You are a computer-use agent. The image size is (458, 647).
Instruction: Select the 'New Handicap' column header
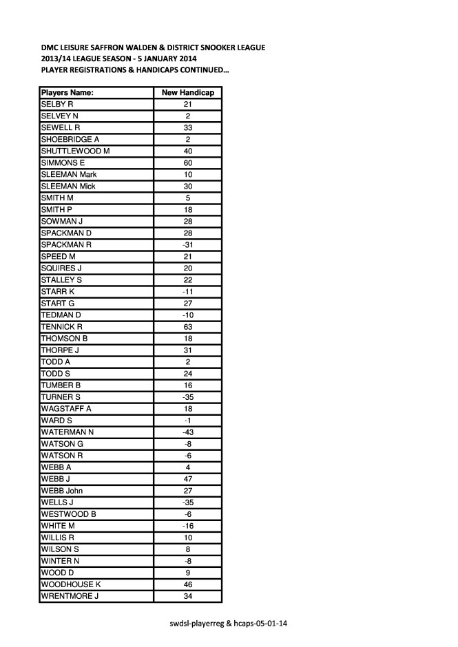coord(187,92)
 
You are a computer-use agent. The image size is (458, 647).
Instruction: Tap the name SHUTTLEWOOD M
coord(75,151)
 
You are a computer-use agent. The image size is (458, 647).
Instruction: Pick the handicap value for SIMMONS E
coord(187,163)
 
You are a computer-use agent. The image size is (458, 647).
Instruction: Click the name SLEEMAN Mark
coord(68,175)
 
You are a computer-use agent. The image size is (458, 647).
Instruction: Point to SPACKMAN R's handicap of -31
coord(187,245)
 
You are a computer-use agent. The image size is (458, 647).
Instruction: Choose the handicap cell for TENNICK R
coord(187,327)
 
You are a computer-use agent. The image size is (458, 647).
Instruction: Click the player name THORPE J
coord(61,350)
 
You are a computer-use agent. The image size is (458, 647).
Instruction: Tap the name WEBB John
coord(64,491)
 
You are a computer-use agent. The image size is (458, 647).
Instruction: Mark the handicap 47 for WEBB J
coord(187,479)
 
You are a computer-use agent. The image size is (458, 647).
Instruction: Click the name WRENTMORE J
coord(70,596)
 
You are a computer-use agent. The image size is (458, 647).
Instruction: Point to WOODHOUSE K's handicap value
coord(187,584)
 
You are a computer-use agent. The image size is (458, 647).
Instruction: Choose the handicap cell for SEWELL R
coord(187,127)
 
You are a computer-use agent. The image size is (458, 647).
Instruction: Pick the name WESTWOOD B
coord(68,514)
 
